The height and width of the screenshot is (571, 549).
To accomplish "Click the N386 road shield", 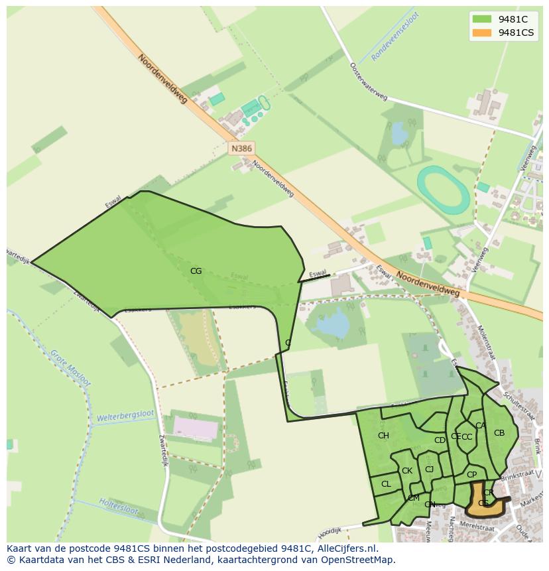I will click(x=241, y=149).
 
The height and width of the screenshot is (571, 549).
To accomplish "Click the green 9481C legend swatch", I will click(x=482, y=19).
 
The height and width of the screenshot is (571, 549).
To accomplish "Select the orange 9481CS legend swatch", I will click(x=482, y=32).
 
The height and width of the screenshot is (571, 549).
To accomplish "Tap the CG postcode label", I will click(x=196, y=271).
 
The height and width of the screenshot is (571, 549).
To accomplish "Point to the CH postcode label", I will click(x=383, y=436).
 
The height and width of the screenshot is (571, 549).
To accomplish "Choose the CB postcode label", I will click(x=499, y=433).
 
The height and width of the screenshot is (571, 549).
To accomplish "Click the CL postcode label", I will click(x=386, y=484).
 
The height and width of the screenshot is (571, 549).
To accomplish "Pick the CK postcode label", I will click(x=407, y=471).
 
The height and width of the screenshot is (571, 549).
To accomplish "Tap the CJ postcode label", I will click(x=429, y=470).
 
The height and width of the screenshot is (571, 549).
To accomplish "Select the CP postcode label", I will click(x=471, y=475).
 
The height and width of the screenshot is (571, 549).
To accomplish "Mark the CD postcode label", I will click(x=440, y=440).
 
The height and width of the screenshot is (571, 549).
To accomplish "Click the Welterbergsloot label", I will click(x=125, y=417).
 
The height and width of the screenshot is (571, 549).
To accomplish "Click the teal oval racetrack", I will click(x=444, y=190).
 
